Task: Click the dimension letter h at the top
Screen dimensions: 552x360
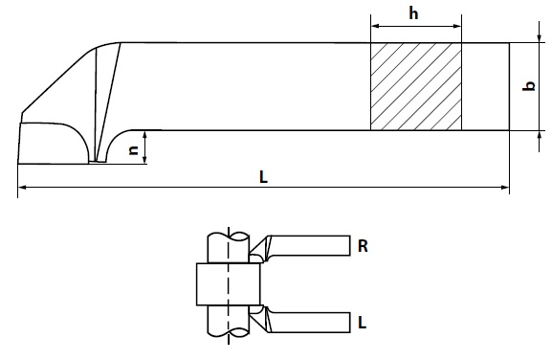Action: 413,13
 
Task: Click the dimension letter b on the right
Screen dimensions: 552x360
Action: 529,86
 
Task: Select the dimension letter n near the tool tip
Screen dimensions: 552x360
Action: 134,150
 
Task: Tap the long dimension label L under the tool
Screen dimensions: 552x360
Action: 263,177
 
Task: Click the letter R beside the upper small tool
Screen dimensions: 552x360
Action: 363,246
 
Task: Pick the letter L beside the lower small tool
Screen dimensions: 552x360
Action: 362,323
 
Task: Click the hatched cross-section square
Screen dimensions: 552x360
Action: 416,87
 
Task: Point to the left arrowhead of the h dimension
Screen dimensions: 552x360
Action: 375,26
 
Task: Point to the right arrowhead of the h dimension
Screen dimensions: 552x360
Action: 457,26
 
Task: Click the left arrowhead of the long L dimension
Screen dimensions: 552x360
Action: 22,188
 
